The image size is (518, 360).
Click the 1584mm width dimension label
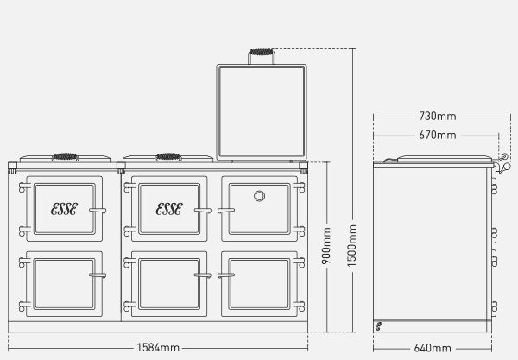click(158, 347)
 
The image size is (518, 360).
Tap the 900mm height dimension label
click(326, 246)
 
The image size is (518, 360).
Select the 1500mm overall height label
click(352, 246)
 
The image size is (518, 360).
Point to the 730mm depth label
click(438, 116)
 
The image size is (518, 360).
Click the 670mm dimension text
click(438, 135)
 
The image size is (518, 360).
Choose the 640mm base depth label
click(433, 348)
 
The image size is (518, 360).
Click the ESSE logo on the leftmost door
click(65, 209)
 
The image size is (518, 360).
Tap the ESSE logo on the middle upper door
click(169, 209)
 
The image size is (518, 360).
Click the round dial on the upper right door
click(259, 196)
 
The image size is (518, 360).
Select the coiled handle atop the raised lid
click(262, 52)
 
